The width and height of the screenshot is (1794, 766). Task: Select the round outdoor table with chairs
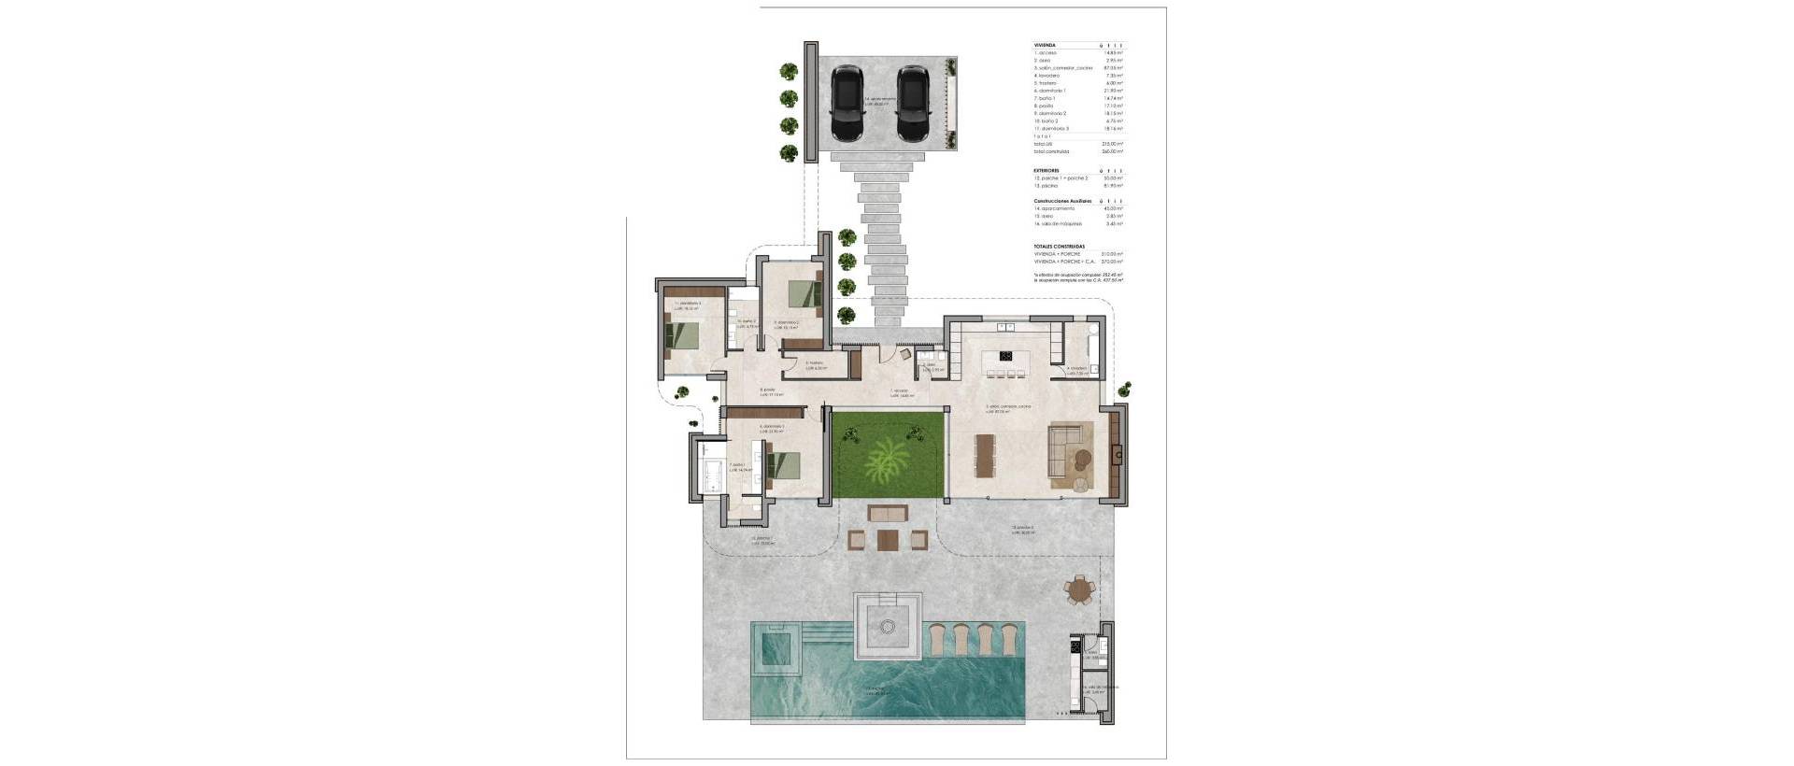[1081, 589]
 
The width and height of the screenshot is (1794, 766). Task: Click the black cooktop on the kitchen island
[1007, 355]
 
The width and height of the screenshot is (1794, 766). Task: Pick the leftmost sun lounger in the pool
[938, 640]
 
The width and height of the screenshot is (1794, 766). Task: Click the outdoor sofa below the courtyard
[887, 512]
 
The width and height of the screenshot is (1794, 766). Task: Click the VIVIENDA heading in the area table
[1044, 45]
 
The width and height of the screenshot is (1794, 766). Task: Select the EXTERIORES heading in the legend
[1046, 171]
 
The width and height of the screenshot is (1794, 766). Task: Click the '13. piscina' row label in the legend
[1047, 186]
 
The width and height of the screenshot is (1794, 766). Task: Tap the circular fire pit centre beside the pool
[888, 618]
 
